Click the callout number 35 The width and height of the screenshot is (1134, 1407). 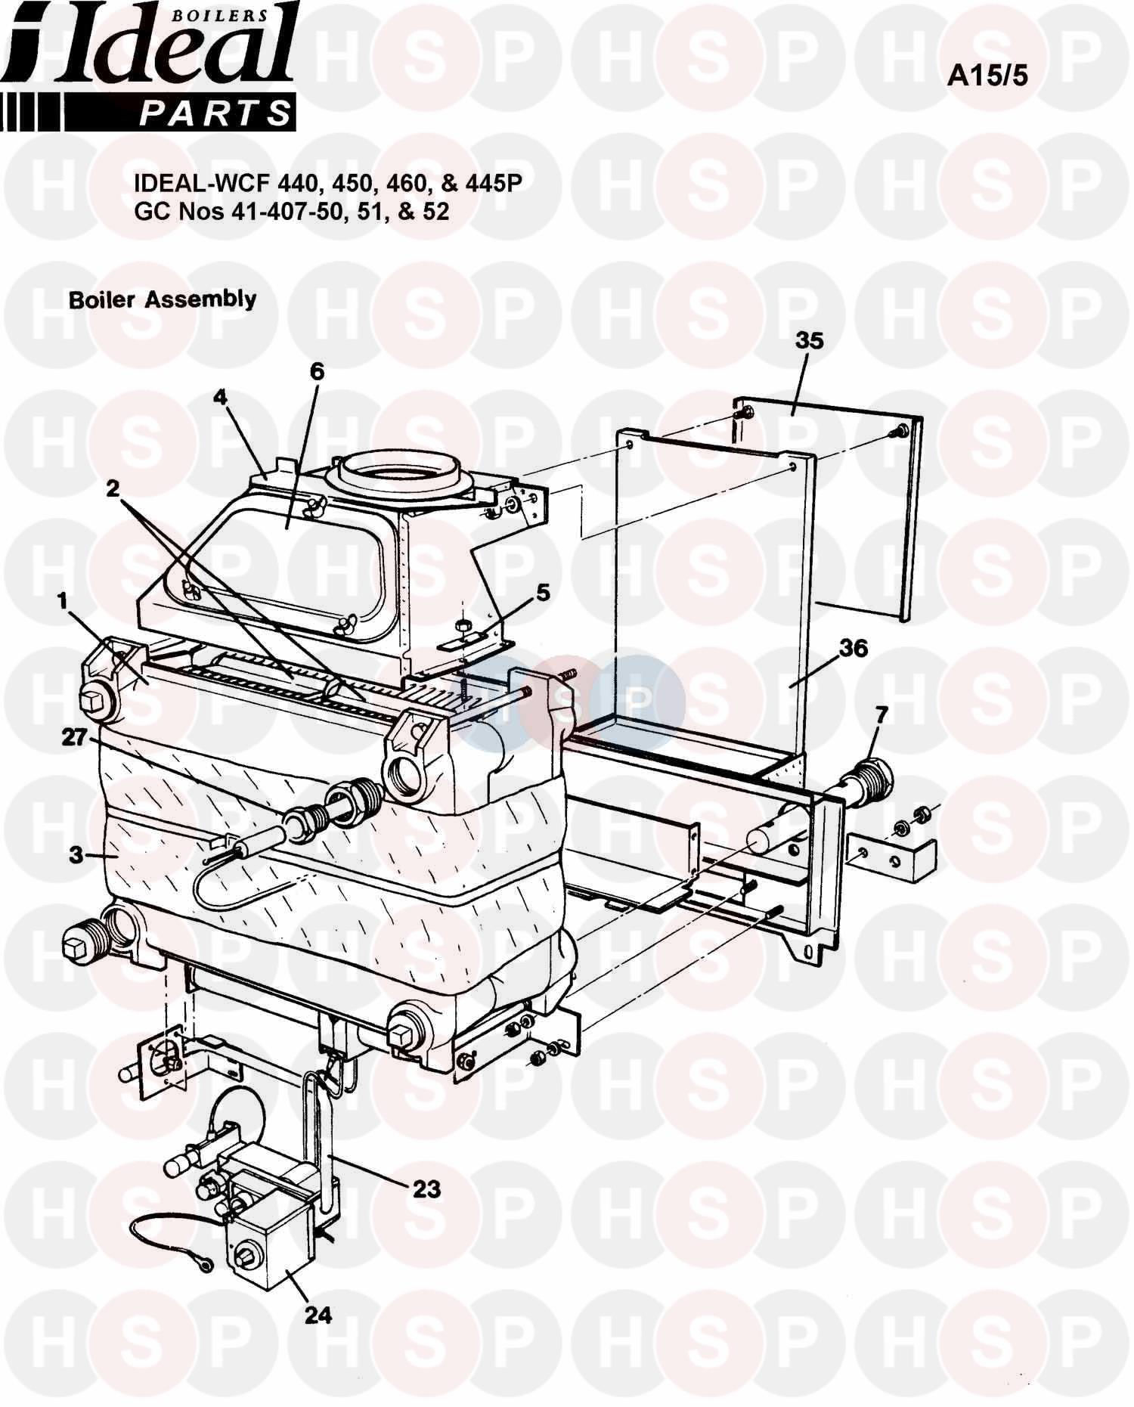(808, 341)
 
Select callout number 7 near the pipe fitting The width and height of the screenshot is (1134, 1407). (881, 714)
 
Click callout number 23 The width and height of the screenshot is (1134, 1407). (426, 1189)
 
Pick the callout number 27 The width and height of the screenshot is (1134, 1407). (75, 736)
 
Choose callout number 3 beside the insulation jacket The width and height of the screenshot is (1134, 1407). (75, 855)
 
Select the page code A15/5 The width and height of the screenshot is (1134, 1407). (987, 76)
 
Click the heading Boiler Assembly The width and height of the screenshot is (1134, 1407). (163, 299)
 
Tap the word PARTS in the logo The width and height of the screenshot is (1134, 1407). (216, 113)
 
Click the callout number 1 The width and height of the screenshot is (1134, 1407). (62, 602)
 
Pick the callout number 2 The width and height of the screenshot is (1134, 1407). (113, 489)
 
